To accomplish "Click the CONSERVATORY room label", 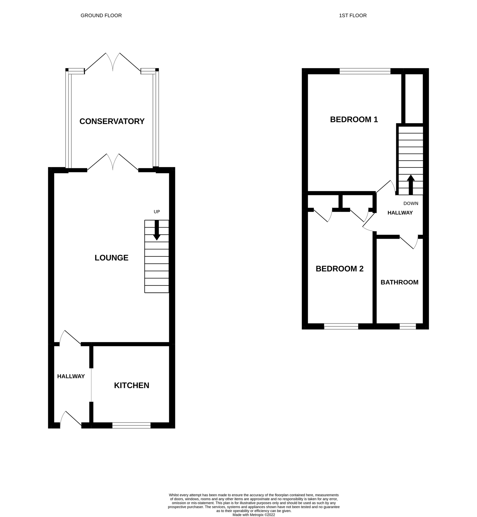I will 112,121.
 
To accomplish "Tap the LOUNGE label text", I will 112,258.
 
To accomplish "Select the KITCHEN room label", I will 131,385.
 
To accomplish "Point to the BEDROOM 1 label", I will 354,119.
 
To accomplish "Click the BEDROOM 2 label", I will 339,269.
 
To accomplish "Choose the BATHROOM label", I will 399,282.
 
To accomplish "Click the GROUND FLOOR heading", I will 101,16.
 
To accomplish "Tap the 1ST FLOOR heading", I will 353,16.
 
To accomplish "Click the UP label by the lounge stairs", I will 157,212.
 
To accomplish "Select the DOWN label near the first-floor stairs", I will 411,203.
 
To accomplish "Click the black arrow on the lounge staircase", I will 157,230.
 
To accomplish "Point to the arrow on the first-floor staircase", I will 411,185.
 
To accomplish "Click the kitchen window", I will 131,425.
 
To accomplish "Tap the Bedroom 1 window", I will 365,71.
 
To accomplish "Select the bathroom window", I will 408,326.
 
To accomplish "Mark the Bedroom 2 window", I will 341,326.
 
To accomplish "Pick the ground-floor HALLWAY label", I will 71,376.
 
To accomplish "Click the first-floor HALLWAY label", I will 400,213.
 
